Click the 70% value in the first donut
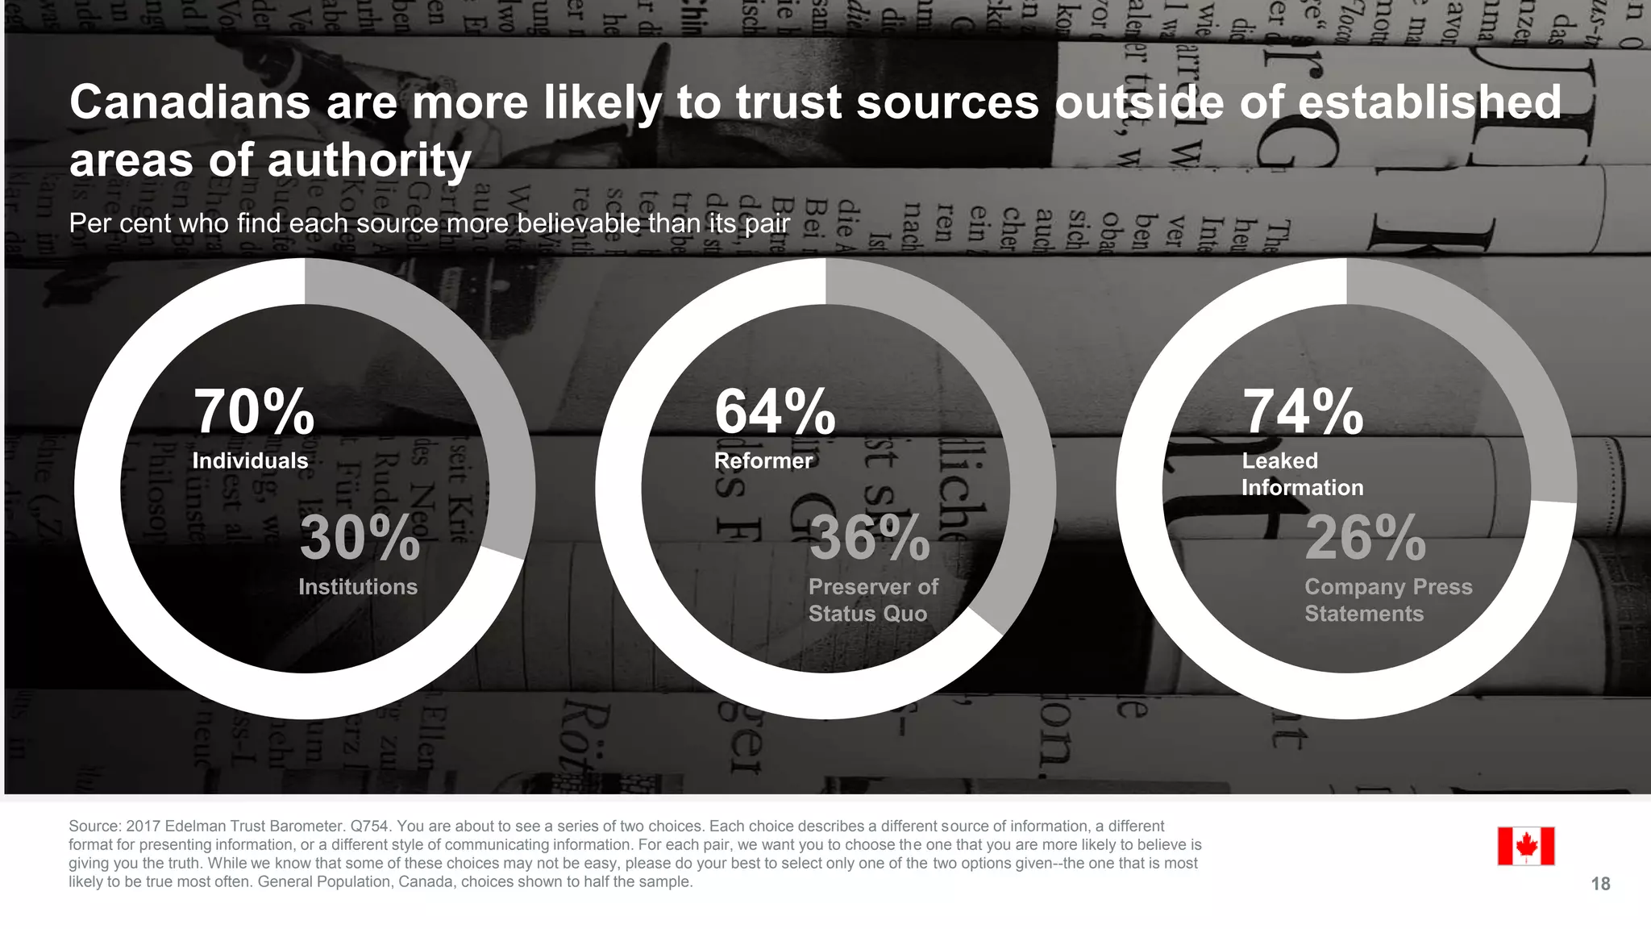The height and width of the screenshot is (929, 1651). (253, 413)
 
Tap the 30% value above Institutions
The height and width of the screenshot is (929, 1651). (360, 539)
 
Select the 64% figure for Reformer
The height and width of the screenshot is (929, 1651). (775, 413)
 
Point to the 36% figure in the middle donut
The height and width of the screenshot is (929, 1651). (869, 539)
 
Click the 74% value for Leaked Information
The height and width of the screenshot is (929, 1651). (1303, 413)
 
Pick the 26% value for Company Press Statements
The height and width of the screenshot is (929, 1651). (1365, 539)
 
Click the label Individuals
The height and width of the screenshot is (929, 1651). (250, 460)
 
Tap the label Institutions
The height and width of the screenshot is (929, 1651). (358, 587)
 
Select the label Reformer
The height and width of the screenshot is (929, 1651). (763, 460)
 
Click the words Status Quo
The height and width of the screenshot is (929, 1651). (867, 614)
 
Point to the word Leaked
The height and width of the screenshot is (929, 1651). (1279, 460)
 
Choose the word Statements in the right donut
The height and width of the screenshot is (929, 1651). (1364, 614)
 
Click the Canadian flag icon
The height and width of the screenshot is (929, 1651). (1525, 846)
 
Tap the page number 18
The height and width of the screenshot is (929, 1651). (1600, 884)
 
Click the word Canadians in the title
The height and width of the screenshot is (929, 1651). (190, 103)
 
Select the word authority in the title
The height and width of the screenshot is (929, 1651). (369, 160)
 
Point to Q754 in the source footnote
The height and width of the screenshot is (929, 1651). (371, 826)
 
